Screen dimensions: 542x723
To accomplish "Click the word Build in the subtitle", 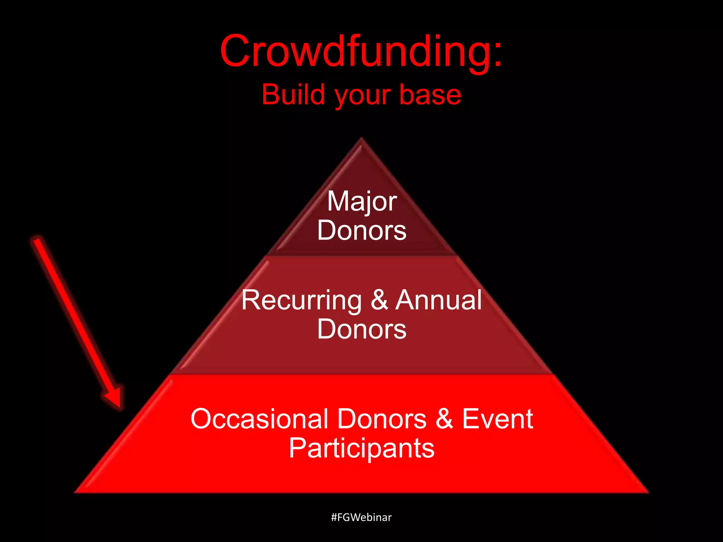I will click(x=293, y=95).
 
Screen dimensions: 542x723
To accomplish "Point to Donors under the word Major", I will click(x=362, y=230).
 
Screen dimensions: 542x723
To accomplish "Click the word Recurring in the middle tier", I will click(x=301, y=300).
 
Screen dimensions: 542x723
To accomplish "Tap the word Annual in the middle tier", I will click(x=438, y=300).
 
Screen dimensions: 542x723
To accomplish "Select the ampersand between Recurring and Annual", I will click(x=379, y=300).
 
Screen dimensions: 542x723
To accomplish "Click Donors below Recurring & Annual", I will click(x=362, y=329).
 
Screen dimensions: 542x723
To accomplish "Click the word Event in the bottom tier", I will click(x=497, y=419).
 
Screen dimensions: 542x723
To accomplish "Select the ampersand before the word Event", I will click(x=444, y=419).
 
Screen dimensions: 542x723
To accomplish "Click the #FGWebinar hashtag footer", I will click(x=361, y=517).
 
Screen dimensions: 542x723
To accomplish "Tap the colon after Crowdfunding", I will click(x=498, y=56).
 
